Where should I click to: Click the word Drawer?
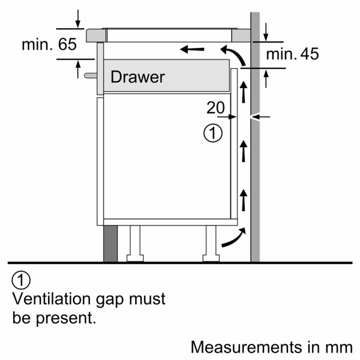[137, 77]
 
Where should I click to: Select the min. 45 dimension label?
[292, 55]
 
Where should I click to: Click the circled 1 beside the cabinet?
[213, 133]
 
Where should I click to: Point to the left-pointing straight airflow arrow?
[193, 49]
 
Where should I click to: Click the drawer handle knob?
[89, 76]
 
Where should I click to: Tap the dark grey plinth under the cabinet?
[110, 244]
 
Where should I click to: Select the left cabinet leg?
[135, 243]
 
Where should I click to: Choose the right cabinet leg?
[211, 243]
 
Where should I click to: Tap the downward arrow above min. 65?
[77, 19]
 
